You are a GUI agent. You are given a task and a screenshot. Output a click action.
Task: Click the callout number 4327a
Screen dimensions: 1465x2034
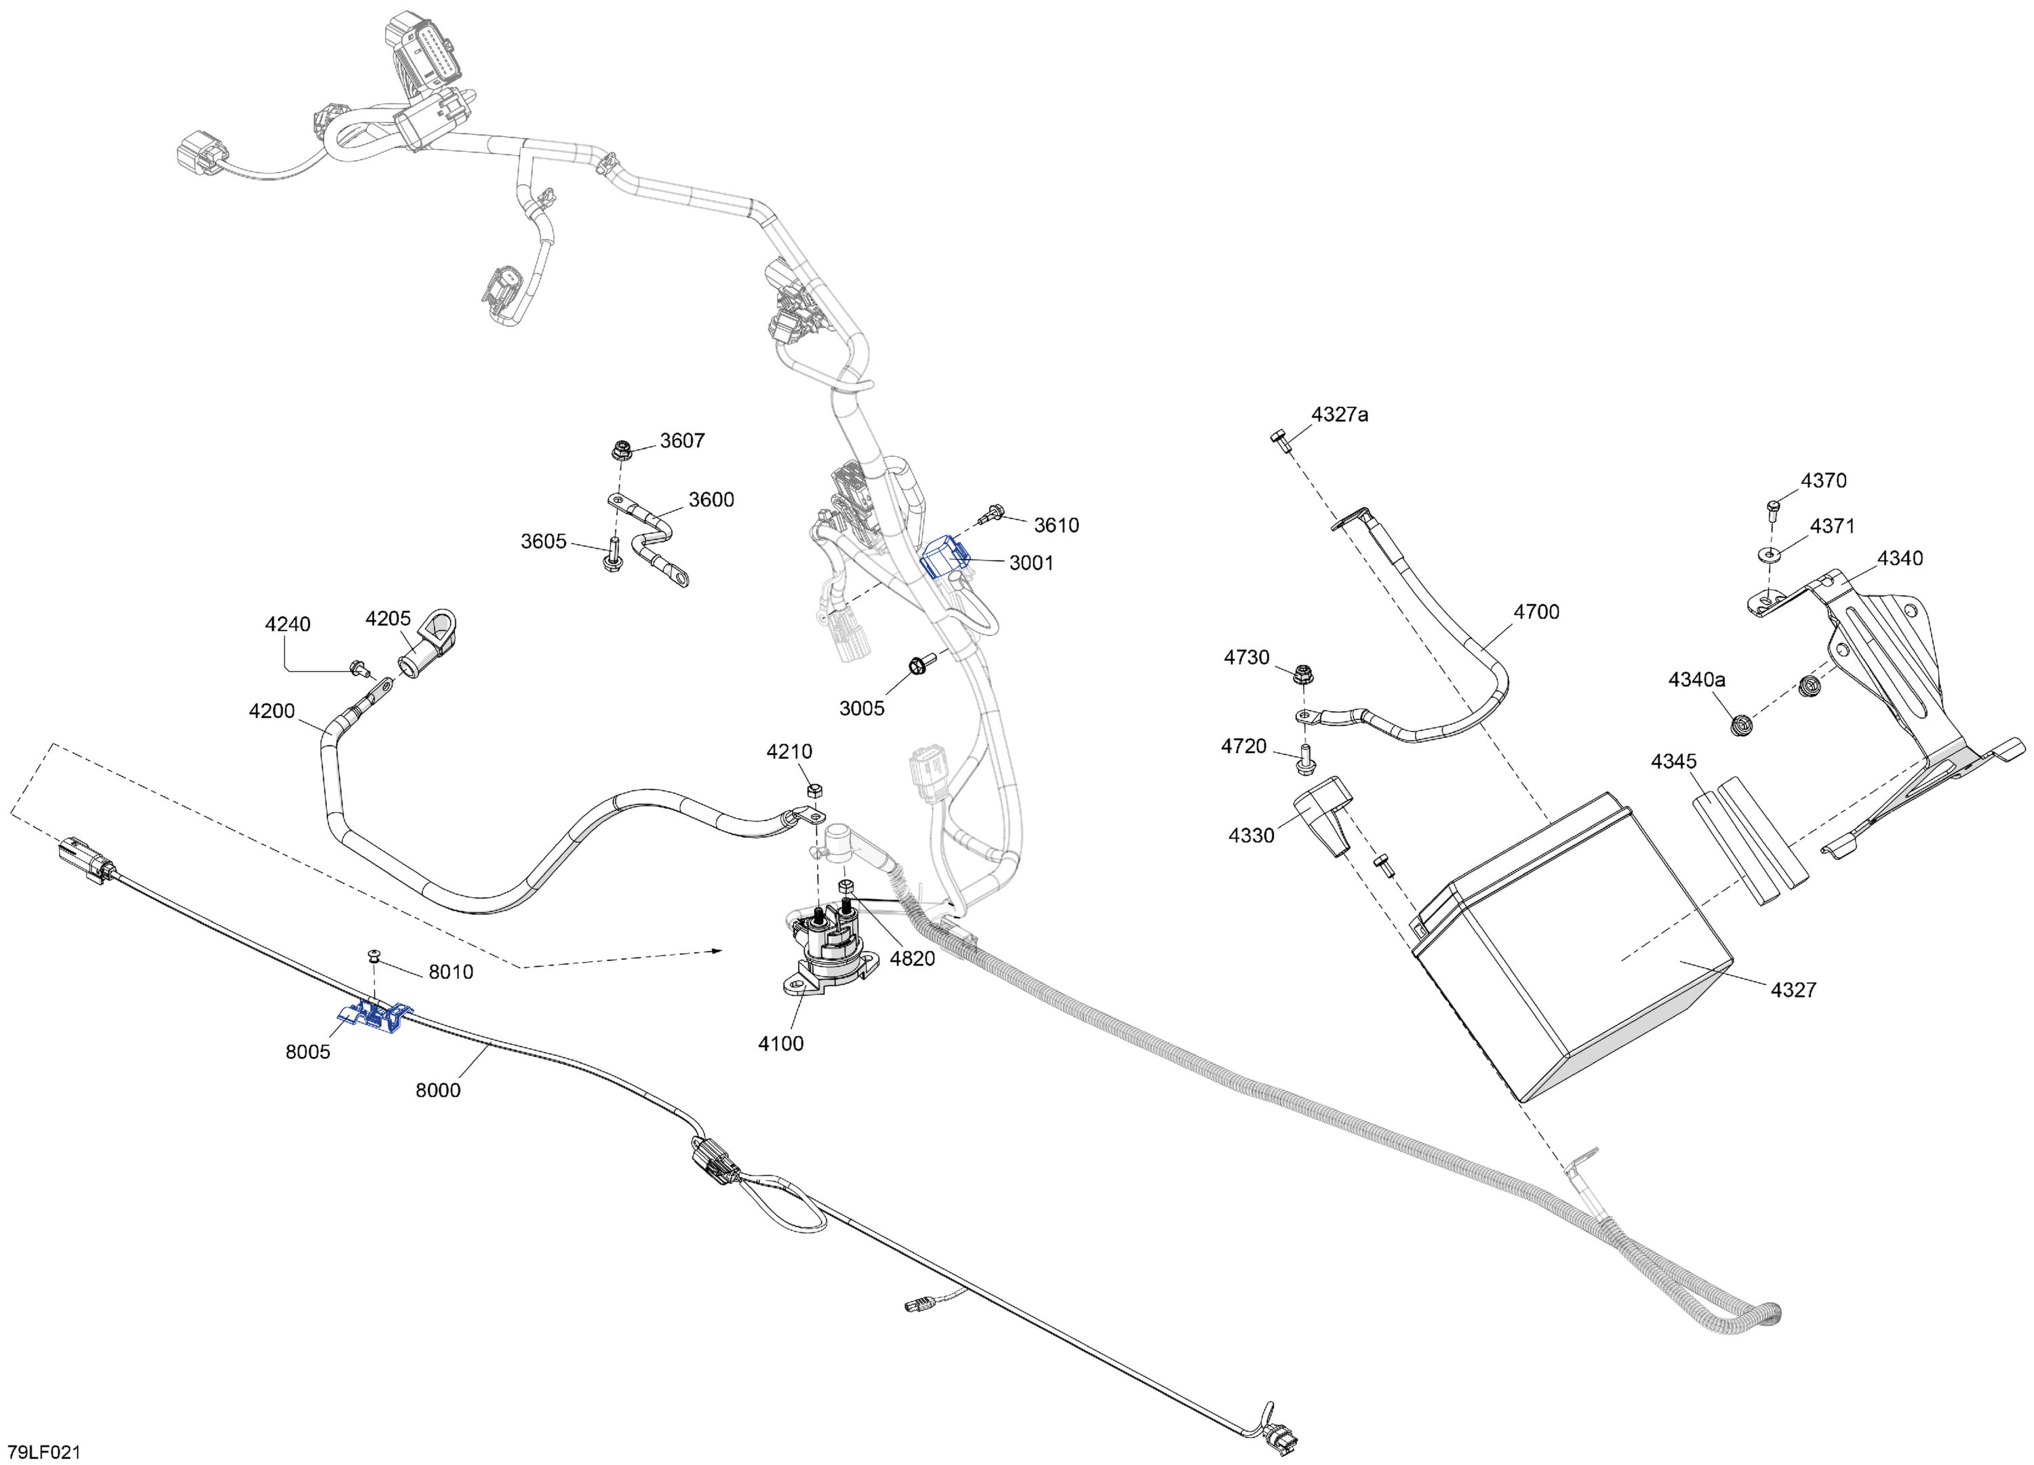1339,414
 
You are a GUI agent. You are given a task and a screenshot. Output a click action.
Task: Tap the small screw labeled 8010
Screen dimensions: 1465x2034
376,959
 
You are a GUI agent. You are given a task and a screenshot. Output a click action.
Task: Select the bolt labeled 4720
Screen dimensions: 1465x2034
1302,759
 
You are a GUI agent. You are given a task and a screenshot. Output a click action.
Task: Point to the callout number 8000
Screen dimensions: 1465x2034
438,1090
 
